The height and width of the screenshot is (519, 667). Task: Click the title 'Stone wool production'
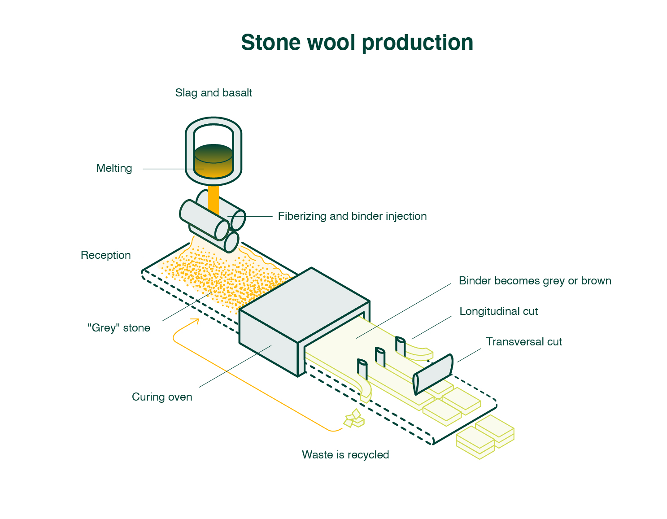357,43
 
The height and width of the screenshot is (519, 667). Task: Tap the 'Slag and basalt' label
214,93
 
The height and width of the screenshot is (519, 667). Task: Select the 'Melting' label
114,168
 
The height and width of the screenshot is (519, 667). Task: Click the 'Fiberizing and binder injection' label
352,216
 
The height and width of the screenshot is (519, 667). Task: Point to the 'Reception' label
106,255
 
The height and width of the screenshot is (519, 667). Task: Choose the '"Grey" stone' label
119,328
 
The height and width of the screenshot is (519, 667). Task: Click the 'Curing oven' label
162,397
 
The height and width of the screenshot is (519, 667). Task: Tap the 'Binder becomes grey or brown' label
535,281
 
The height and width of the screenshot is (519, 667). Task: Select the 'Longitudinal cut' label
498,311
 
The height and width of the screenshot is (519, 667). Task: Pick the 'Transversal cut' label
524,342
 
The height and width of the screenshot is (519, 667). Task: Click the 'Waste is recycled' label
345,455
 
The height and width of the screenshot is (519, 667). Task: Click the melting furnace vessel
214,152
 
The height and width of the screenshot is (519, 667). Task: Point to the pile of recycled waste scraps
354,419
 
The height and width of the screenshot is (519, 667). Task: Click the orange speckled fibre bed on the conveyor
224,278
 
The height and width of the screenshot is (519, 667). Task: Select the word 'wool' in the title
331,43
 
